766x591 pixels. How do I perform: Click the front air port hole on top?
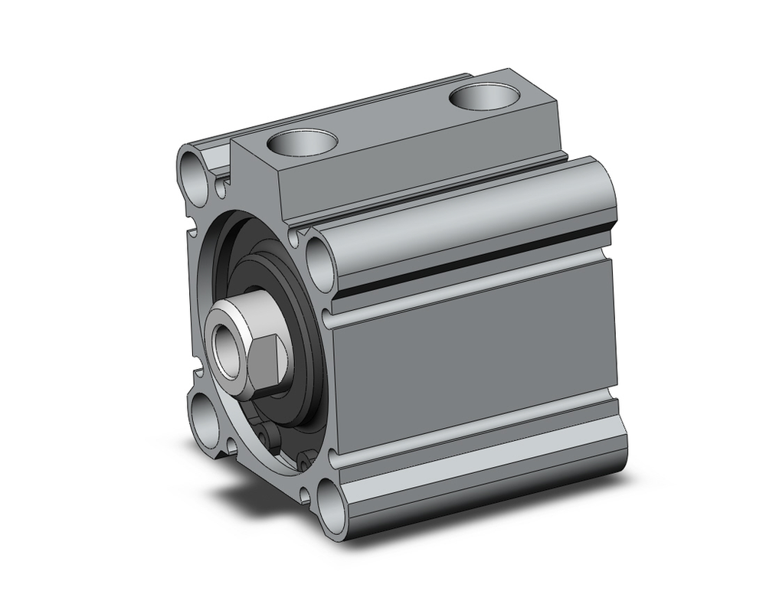tap(304, 143)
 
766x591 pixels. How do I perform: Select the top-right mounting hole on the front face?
tap(318, 257)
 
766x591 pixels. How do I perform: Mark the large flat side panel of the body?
tap(475, 352)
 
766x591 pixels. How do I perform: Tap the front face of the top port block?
tap(257, 184)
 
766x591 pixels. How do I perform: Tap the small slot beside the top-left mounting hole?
tap(221, 184)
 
